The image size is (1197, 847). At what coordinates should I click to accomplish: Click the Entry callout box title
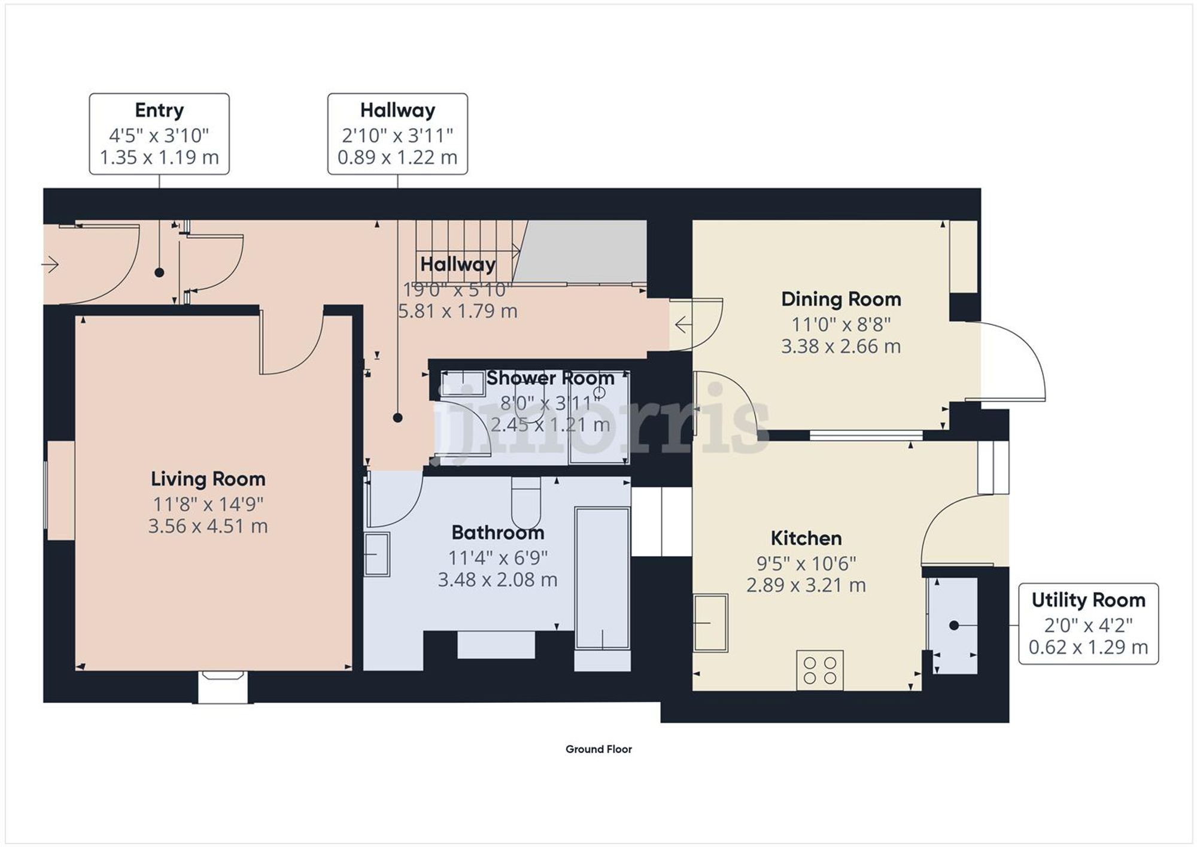tap(159, 110)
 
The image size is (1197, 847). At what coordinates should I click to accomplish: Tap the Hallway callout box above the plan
tap(397, 133)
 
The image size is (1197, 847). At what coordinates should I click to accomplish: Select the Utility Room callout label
tap(1088, 600)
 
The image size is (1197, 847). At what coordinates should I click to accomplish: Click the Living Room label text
tap(208, 479)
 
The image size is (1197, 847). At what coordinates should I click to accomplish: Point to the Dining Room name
tap(841, 299)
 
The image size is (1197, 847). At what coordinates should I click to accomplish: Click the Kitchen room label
tap(806, 538)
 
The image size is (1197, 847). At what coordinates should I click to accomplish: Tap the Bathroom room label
tap(497, 533)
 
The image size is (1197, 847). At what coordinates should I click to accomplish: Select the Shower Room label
tap(549, 378)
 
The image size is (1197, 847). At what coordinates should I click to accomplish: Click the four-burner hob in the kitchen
tap(820, 670)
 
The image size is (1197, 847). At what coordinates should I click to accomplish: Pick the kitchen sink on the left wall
tap(710, 623)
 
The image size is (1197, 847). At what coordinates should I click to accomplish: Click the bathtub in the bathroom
tap(602, 578)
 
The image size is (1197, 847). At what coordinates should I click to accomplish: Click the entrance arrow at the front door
tap(50, 264)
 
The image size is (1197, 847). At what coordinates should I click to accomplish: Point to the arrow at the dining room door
tap(683, 324)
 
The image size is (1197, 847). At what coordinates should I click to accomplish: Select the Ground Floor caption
tap(598, 749)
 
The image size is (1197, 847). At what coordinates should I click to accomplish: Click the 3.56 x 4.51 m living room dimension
tap(208, 526)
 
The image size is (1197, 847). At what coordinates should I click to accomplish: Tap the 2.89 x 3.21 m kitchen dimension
tap(806, 585)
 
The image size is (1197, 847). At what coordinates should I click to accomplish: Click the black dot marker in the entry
tap(159, 272)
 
